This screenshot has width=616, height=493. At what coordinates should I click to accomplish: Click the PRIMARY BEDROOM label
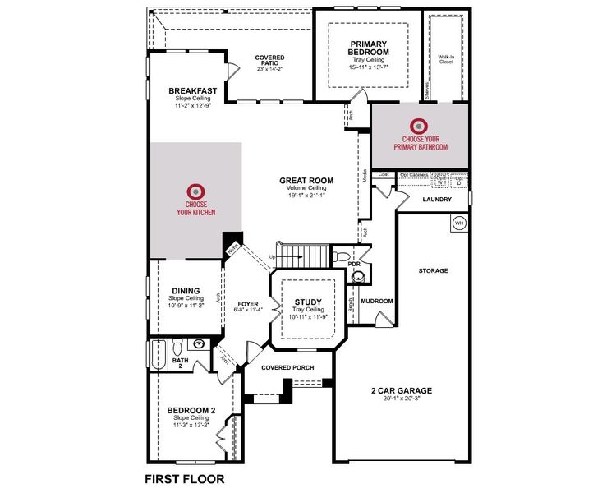coord(369,48)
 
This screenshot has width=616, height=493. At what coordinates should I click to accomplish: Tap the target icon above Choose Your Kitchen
coord(195,189)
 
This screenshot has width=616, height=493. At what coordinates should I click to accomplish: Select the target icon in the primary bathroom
coord(419,127)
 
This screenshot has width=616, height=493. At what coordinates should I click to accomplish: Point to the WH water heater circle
coord(459,223)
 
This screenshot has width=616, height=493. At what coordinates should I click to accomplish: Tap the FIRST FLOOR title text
coord(184,477)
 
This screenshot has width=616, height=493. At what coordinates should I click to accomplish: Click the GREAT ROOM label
coord(306,180)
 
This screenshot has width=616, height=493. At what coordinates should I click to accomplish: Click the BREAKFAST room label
coord(192,90)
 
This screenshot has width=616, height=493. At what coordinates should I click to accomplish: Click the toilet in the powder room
coord(342,257)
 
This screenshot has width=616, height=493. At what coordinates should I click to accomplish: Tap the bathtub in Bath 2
coord(159,352)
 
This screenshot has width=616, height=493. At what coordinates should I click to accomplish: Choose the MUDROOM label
coord(377,301)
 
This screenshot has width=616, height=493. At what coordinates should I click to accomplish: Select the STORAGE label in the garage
coord(432,270)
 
